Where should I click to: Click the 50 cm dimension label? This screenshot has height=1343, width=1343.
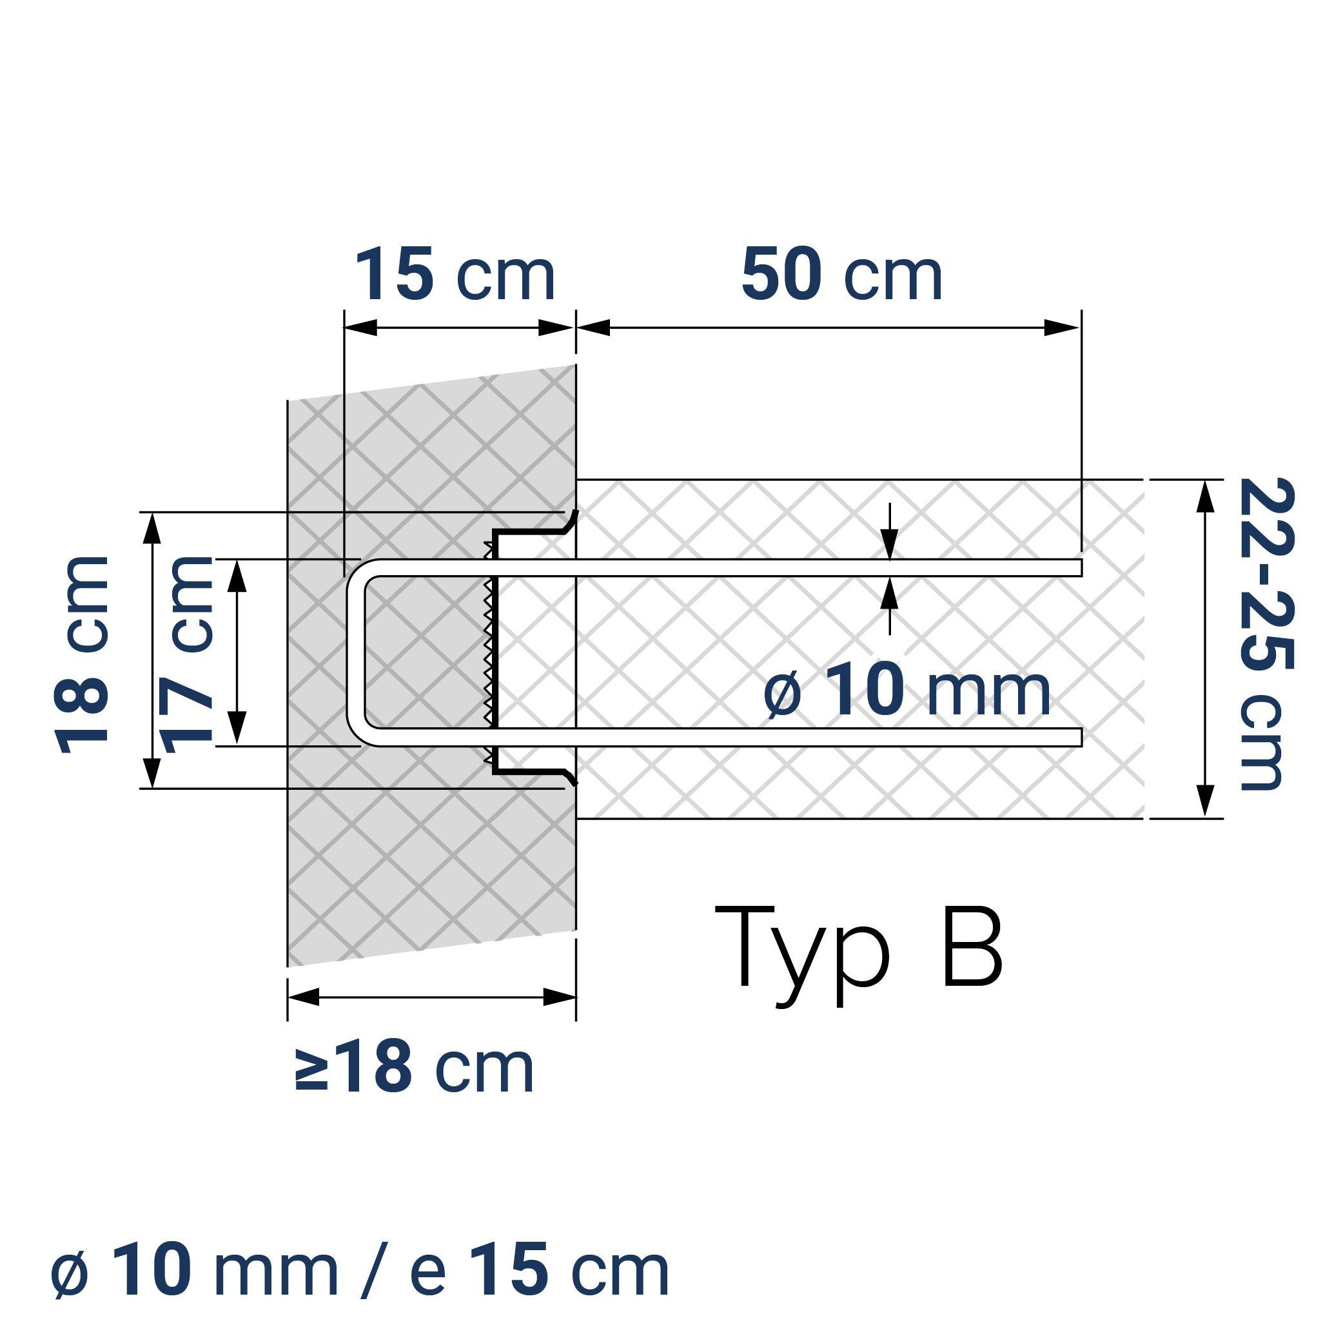click(841, 275)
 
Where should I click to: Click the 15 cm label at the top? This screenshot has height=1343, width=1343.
click(455, 275)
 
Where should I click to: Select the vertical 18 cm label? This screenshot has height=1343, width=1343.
click(82, 655)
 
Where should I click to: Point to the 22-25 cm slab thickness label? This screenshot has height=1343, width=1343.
click(1266, 634)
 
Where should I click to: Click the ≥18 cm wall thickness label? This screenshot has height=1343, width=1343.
click(415, 1067)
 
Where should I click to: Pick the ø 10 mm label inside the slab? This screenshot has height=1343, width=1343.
click(907, 691)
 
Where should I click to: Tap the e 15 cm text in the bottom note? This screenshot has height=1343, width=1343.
click(540, 1271)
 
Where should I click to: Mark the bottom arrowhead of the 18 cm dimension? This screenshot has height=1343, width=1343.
click(152, 772)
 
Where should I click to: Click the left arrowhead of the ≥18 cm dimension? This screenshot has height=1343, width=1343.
click(304, 997)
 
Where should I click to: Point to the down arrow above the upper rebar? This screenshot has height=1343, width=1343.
click(890, 540)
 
